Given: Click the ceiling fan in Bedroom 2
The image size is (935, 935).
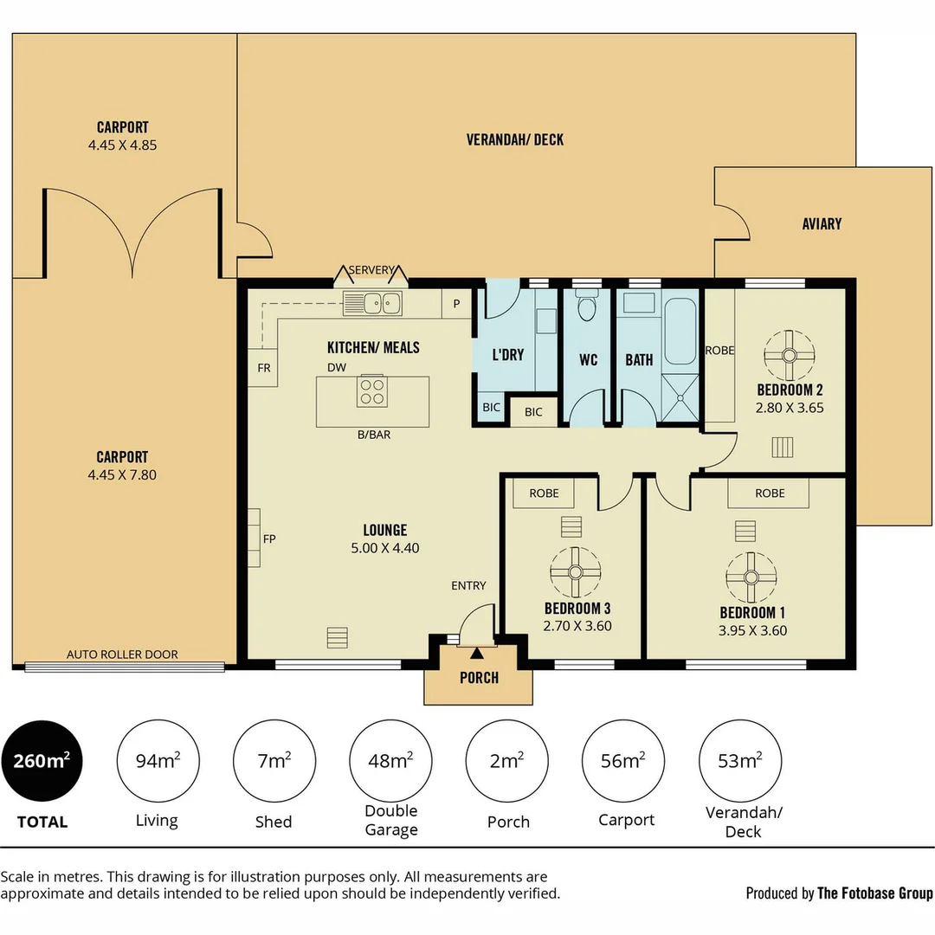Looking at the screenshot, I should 789,355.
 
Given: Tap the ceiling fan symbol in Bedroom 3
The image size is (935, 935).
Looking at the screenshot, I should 575,572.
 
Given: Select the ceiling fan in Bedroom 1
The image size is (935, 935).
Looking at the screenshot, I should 751,577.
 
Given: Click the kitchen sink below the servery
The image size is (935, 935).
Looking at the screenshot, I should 372,303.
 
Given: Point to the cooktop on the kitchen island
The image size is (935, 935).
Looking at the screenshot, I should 372,392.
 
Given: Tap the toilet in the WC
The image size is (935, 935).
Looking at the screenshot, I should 587,307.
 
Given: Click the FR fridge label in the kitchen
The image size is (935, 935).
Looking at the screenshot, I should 264,368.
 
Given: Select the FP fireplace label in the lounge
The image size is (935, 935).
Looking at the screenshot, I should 269,538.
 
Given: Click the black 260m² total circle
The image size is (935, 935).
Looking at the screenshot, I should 42,761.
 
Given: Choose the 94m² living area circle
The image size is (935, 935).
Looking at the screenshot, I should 158,761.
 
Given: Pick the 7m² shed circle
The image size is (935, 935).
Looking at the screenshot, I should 274,761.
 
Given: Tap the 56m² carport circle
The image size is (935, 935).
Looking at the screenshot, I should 623,761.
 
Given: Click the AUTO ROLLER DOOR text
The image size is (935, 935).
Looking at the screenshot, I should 122,654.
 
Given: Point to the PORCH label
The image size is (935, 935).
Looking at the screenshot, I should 479,678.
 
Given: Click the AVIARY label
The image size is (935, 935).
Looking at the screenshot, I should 821,224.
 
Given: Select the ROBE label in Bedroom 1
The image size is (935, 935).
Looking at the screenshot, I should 770,493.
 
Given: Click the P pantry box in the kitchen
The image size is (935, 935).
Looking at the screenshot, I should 456,304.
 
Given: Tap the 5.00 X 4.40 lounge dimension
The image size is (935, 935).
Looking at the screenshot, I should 384,548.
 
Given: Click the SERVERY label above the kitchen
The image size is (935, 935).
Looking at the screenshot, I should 371,270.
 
